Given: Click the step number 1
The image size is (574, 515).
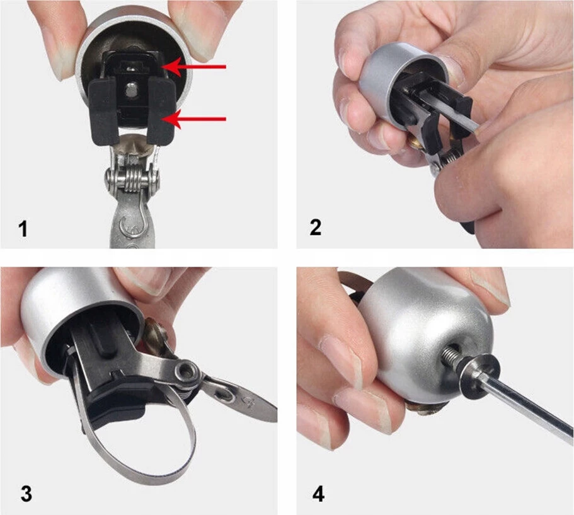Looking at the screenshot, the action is (23, 229).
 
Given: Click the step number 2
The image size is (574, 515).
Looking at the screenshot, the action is (315, 227).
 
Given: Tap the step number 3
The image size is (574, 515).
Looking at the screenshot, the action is (26, 494).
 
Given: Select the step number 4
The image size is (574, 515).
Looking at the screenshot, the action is (318, 494).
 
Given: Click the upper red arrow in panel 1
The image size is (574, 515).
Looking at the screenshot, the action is (194, 67).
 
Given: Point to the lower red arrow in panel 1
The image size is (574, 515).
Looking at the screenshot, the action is (194, 119).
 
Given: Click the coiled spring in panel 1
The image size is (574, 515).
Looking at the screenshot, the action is (132, 177).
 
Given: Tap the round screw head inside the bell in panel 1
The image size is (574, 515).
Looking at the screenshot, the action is (130, 90).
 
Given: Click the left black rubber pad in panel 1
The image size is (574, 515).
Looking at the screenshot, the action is (103, 112).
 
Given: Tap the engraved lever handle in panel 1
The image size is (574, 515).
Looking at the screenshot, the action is (132, 223).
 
